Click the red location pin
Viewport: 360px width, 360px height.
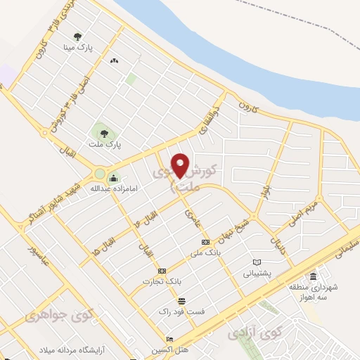click(x=181, y=165)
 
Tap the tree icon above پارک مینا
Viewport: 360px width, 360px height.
click(x=77, y=37)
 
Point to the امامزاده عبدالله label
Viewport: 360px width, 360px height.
click(x=110, y=188)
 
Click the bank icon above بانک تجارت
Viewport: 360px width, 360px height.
click(x=162, y=270)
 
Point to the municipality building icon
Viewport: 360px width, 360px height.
click(x=313, y=275)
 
